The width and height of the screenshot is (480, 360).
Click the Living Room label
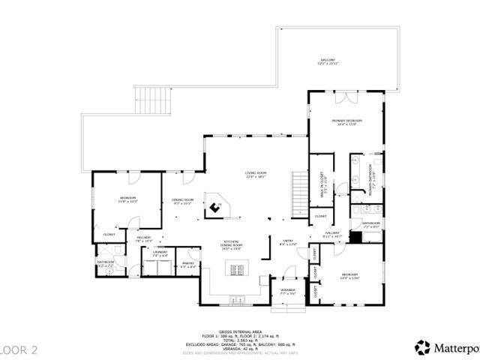(x=256, y=175)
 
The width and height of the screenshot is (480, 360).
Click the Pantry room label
(x=187, y=265)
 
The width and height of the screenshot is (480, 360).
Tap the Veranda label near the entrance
(x=288, y=291)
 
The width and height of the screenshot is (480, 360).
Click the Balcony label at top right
(x=328, y=61)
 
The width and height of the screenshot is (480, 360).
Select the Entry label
(x=288, y=242)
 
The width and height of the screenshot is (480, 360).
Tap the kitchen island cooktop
(x=237, y=271)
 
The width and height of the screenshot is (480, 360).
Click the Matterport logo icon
(x=423, y=347)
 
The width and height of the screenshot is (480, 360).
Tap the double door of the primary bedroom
(x=342, y=98)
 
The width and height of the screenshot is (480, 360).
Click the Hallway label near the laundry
(x=144, y=239)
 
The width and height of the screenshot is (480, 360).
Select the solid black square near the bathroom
(x=356, y=237)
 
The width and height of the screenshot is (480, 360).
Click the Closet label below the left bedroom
(x=108, y=234)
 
